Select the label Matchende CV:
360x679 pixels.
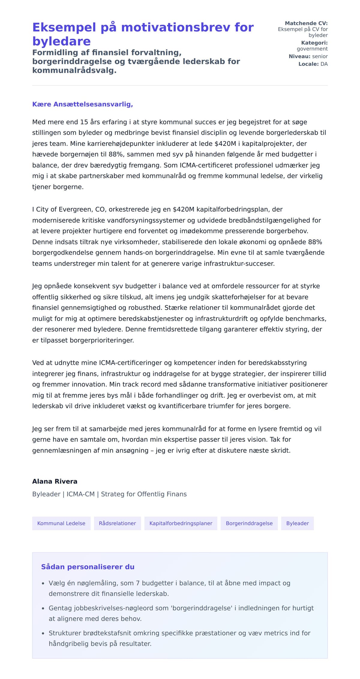tap(306, 23)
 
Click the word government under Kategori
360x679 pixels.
tap(312, 49)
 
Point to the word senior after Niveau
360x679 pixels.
tap(320, 56)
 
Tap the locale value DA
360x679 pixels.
tap(324, 64)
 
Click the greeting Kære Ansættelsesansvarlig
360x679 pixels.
tap(82, 104)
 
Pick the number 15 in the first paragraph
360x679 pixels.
tap(84, 122)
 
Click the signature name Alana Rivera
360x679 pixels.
tap(55, 481)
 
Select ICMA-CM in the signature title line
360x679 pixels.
tap(80, 494)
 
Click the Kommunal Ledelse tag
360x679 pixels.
tap(61, 523)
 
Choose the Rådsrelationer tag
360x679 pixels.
tap(117, 523)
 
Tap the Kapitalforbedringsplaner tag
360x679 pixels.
tap(181, 523)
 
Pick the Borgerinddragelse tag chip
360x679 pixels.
tap(249, 523)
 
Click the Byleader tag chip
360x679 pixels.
tap(297, 523)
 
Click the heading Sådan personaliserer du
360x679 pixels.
tap(88, 567)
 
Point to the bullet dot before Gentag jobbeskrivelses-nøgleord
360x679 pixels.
tap(43, 608)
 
